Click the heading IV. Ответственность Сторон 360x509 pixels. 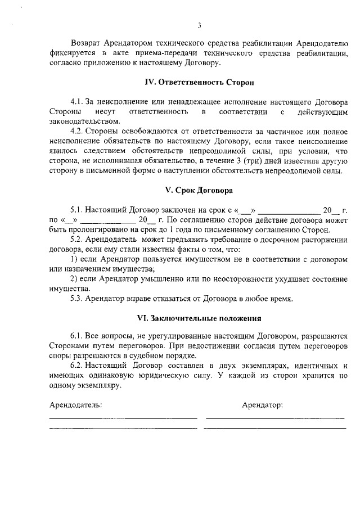[x=199, y=82]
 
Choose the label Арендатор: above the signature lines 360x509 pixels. [x=262, y=404]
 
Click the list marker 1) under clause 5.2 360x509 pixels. [x=74, y=259]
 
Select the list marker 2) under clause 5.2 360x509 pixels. [x=74, y=278]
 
